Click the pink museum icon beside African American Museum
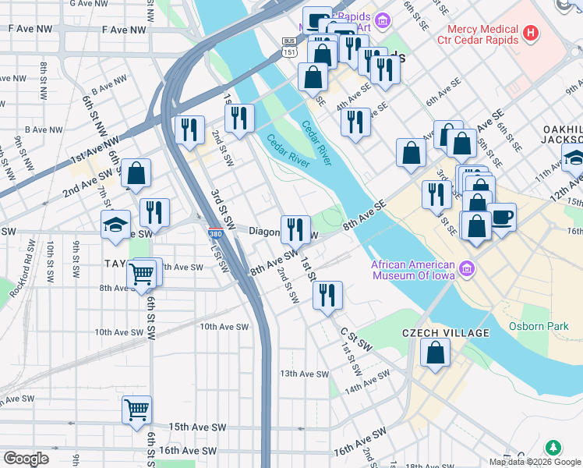pos(468,270)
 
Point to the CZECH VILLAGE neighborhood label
pos(445,333)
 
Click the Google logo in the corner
pos(26,459)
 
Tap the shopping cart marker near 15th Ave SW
pos(136,409)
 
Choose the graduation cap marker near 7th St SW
pos(115,225)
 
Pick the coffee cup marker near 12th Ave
pos(502,216)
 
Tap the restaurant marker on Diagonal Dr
pos(295,229)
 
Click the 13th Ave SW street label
pos(306,374)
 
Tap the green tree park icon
pos(553,448)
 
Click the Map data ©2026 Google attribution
pos(535,462)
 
